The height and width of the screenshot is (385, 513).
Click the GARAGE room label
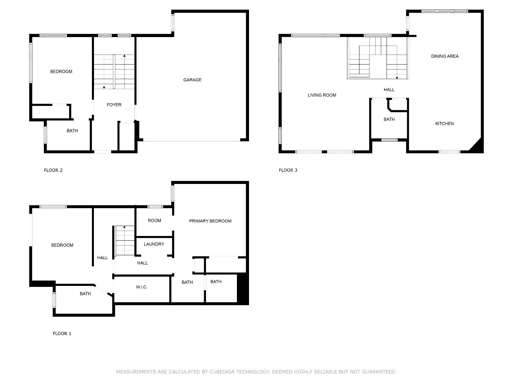tap(192, 80)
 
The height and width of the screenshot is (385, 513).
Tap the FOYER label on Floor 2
tap(114, 105)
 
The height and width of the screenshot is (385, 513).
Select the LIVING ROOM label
tap(322, 95)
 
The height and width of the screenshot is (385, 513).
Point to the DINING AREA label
tap(445, 56)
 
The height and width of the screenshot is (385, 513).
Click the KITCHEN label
tap(444, 124)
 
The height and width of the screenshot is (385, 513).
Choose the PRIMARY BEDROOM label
tap(210, 221)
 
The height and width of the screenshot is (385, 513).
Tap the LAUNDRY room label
tap(154, 244)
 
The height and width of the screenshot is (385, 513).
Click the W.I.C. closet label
tap(142, 287)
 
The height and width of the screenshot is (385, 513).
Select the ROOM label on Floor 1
tap(154, 221)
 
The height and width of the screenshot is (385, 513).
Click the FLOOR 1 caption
tap(62, 334)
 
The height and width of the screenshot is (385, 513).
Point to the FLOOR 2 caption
tap(53, 170)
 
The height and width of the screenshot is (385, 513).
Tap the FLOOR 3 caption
tap(288, 170)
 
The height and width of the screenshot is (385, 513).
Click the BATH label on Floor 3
tap(389, 119)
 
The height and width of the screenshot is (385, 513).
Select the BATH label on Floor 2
tap(72, 131)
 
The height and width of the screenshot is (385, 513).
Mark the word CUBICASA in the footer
tap(222, 372)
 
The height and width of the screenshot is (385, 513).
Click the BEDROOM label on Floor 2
tap(61, 72)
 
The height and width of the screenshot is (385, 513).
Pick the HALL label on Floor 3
tap(389, 90)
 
